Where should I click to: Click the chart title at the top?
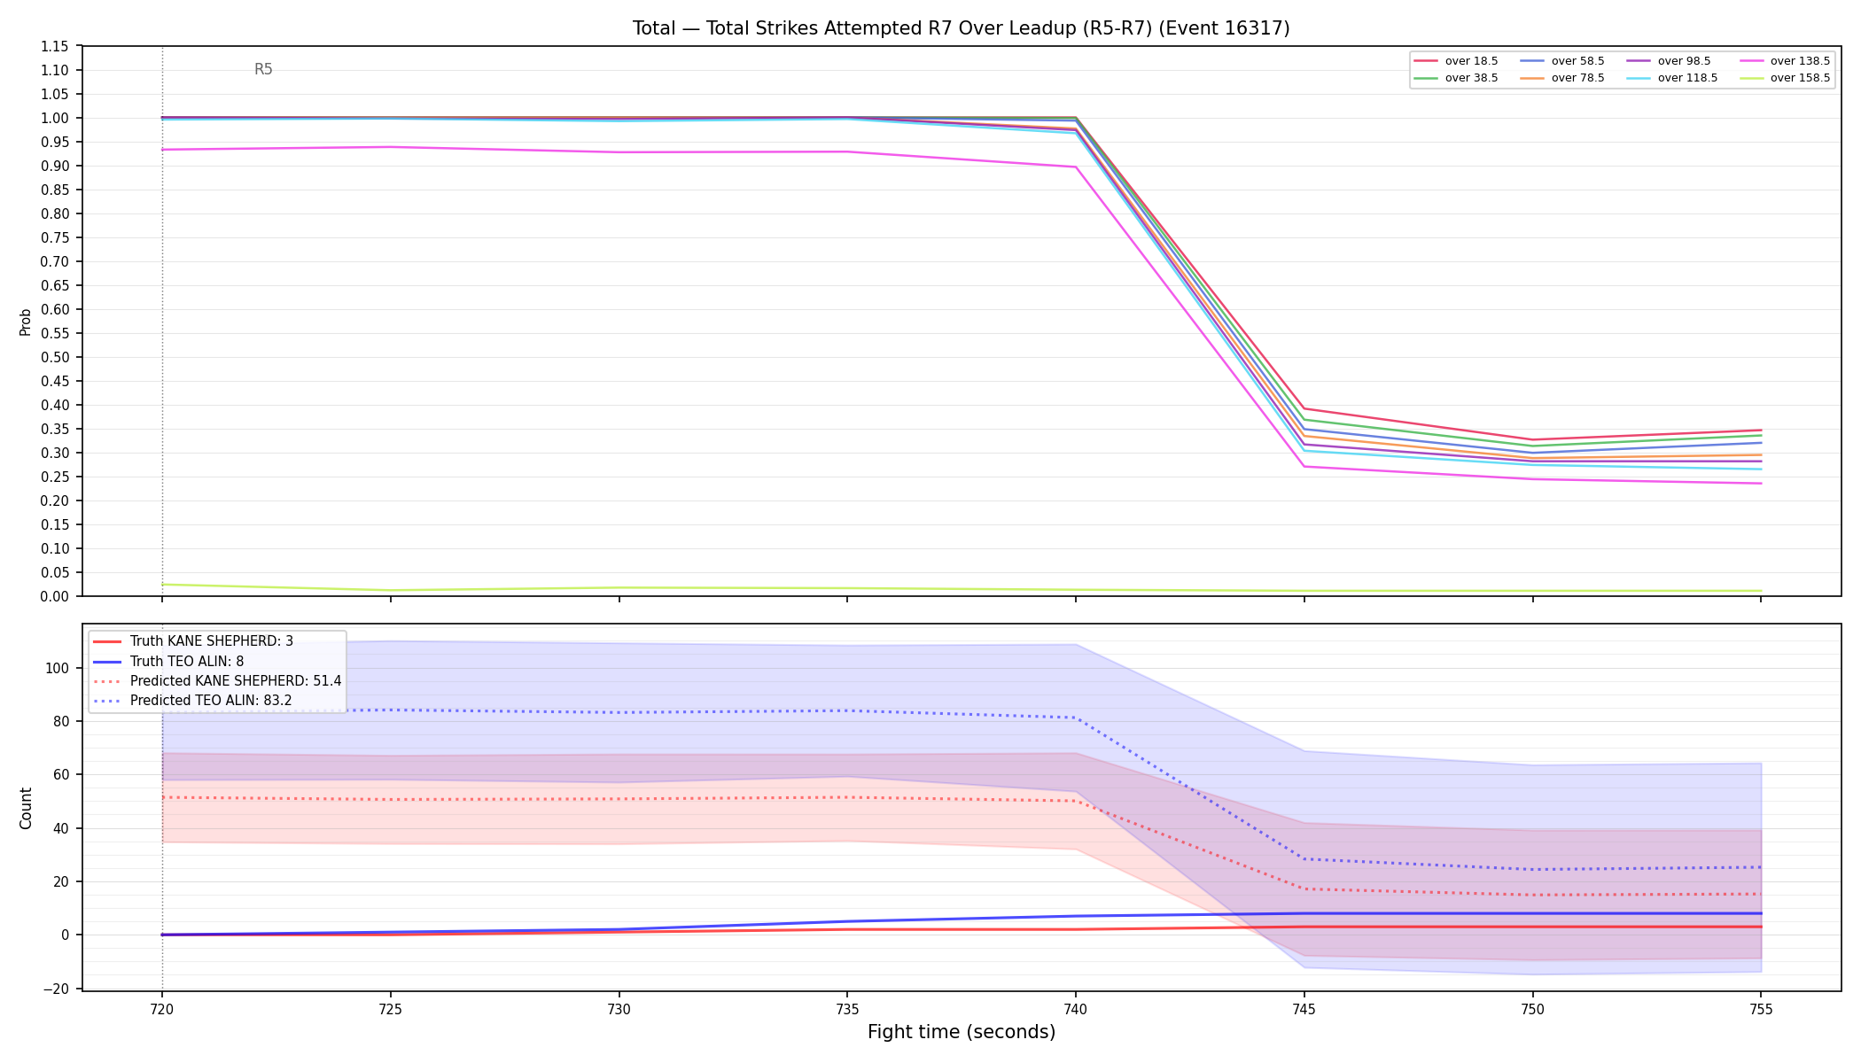961,28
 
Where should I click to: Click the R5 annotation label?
263,69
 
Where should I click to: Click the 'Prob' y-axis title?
25,322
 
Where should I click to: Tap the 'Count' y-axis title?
26,808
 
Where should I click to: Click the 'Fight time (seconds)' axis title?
962,1032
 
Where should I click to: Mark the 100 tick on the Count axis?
58,668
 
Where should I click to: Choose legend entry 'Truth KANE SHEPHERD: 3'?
212,641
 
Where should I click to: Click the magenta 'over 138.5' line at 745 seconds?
1304,467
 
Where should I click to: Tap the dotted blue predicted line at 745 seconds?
1304,858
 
